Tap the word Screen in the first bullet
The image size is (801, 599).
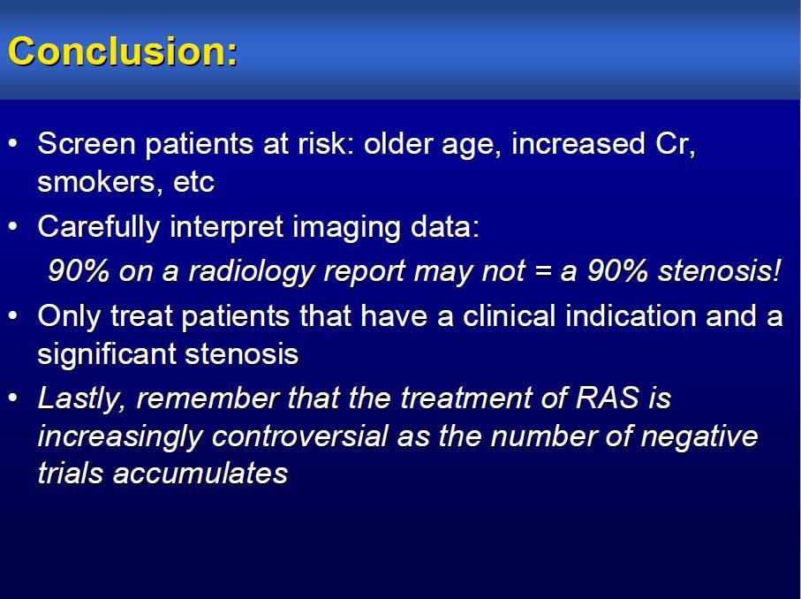87,143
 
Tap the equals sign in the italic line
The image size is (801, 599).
542,272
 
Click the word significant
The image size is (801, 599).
106,354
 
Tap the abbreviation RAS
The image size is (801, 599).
608,398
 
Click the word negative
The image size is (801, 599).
699,437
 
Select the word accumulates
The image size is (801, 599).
200,474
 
